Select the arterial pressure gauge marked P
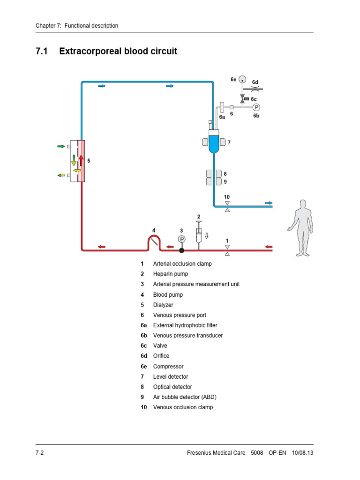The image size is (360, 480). coord(181,239)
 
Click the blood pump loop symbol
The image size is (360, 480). coord(154,242)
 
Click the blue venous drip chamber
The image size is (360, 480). coord(214,143)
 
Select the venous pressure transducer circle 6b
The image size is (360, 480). coord(256,107)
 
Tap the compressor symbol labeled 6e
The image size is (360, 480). coord(242,79)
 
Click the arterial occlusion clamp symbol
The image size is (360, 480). coord(227,250)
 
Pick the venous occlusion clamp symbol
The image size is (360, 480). coord(227,207)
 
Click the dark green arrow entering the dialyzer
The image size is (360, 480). coord(60,147)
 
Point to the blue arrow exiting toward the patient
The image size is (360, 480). coord(268,203)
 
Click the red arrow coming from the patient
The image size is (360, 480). coord(268,246)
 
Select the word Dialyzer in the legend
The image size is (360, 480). coord(163,305)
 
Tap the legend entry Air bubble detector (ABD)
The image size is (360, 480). coord(185,397)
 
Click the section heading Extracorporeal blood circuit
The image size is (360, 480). coord(118,52)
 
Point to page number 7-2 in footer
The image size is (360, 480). coord(40,454)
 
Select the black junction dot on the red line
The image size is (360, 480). coord(181,250)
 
